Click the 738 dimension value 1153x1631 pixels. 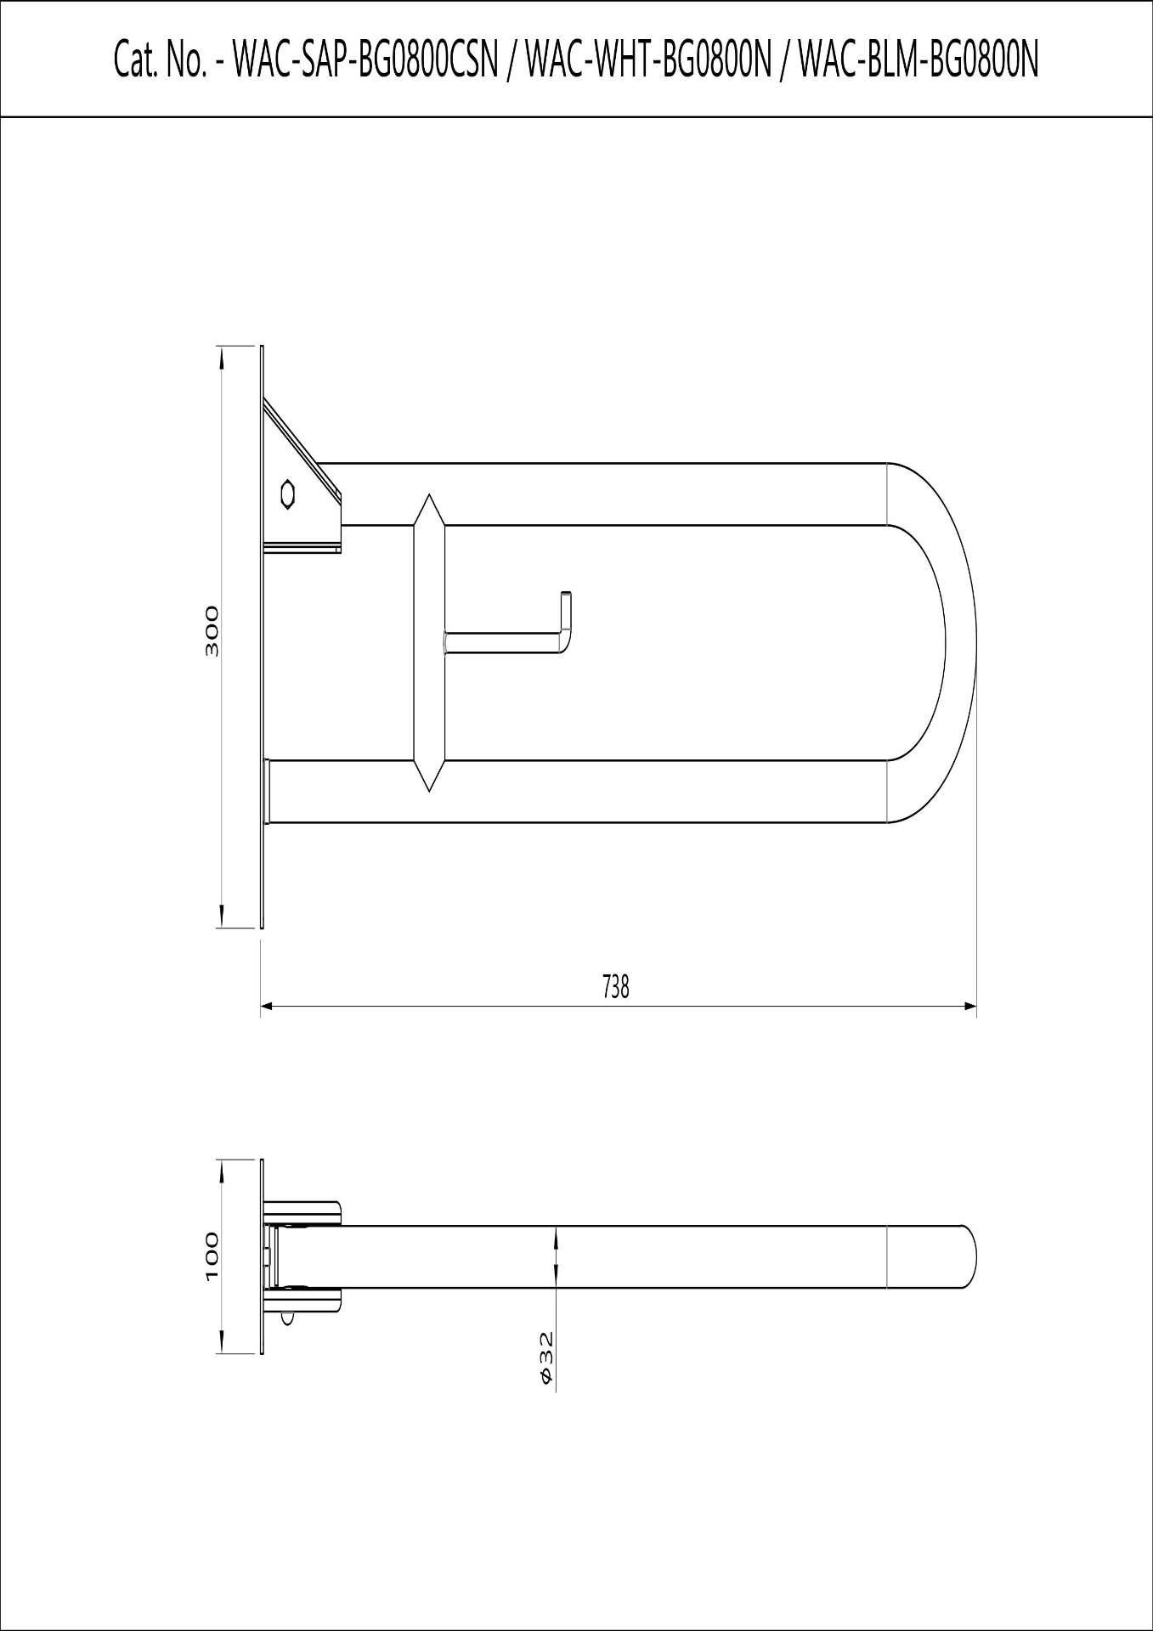615,986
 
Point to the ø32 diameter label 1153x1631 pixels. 546,1357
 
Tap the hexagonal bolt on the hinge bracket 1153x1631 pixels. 288,494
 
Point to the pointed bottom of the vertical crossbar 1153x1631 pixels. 429,786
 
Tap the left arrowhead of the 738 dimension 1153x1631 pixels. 266,1007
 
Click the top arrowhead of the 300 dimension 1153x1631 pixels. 222,356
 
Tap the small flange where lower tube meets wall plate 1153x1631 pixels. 268,791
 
